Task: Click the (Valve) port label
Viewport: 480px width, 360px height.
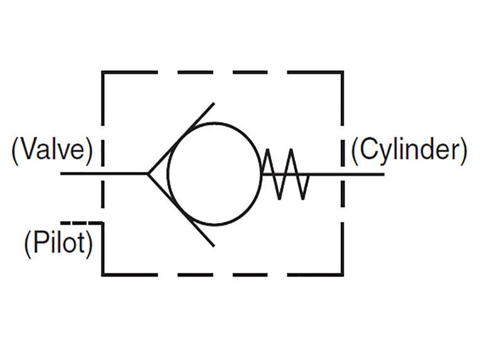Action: [x=51, y=151]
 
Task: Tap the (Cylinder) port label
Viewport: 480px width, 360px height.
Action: [x=408, y=151]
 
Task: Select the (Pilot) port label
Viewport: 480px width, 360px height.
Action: [x=58, y=243]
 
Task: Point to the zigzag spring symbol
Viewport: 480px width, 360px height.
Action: [x=285, y=174]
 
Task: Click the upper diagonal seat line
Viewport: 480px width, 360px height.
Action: [x=182, y=137]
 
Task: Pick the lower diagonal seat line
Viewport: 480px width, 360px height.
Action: [x=182, y=210]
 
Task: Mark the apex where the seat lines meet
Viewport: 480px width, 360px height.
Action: [x=148, y=174]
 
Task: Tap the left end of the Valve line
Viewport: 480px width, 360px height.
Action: [x=61, y=174]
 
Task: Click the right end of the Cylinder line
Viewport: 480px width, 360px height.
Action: [x=383, y=174]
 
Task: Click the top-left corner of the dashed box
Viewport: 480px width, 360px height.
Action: [x=103, y=73]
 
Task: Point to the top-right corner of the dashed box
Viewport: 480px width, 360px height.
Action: [x=343, y=73]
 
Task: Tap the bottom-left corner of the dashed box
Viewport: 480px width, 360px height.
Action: [x=103, y=274]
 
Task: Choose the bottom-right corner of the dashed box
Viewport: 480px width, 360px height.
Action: [x=343, y=274]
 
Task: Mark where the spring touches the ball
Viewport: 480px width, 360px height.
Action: [x=261, y=174]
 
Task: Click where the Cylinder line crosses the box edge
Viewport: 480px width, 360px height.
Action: [x=343, y=174]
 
